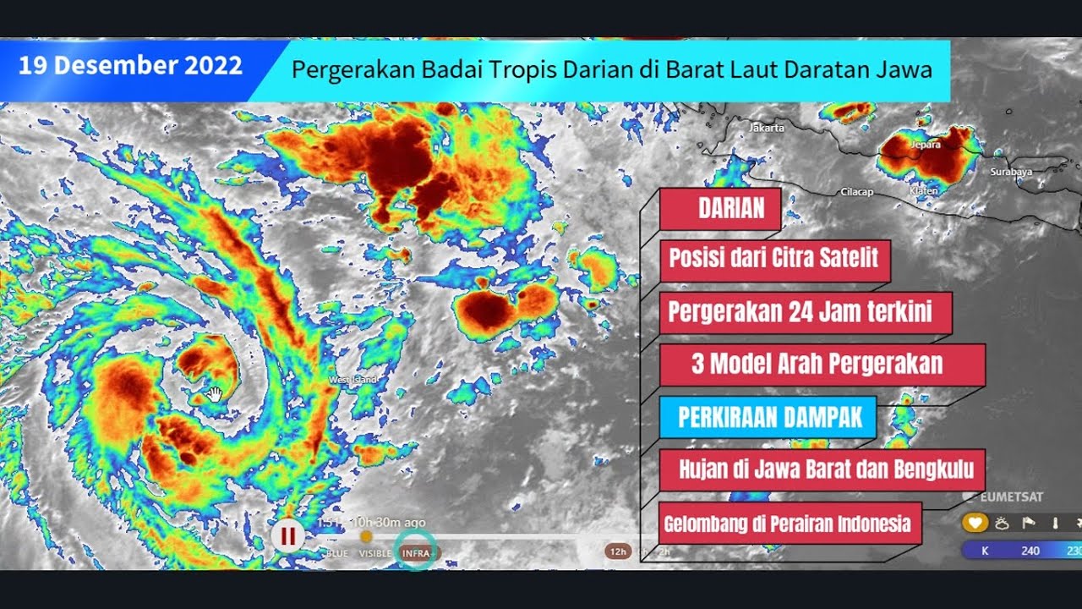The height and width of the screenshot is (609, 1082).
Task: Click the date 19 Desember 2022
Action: pos(130,66)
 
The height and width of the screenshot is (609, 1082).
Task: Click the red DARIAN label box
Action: pos(720,209)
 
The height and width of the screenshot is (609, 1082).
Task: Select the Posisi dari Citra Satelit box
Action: pos(774,257)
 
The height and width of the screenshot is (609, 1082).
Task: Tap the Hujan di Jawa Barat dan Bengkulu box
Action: pos(826,469)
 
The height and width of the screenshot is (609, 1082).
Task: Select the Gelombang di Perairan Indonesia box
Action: pos(787,524)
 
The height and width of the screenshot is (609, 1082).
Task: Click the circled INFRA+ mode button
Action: pos(418,552)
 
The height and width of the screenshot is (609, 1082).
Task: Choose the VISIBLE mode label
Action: pos(375,553)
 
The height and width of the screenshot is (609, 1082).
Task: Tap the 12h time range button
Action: pos(618,551)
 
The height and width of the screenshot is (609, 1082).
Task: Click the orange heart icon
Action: pos(975,523)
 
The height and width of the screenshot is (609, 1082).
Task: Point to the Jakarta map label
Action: pos(767,128)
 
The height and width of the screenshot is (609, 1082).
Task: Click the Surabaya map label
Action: pos(1012,172)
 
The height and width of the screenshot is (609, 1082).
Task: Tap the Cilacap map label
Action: pos(856,192)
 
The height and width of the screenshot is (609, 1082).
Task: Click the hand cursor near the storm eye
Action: pos(215,393)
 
